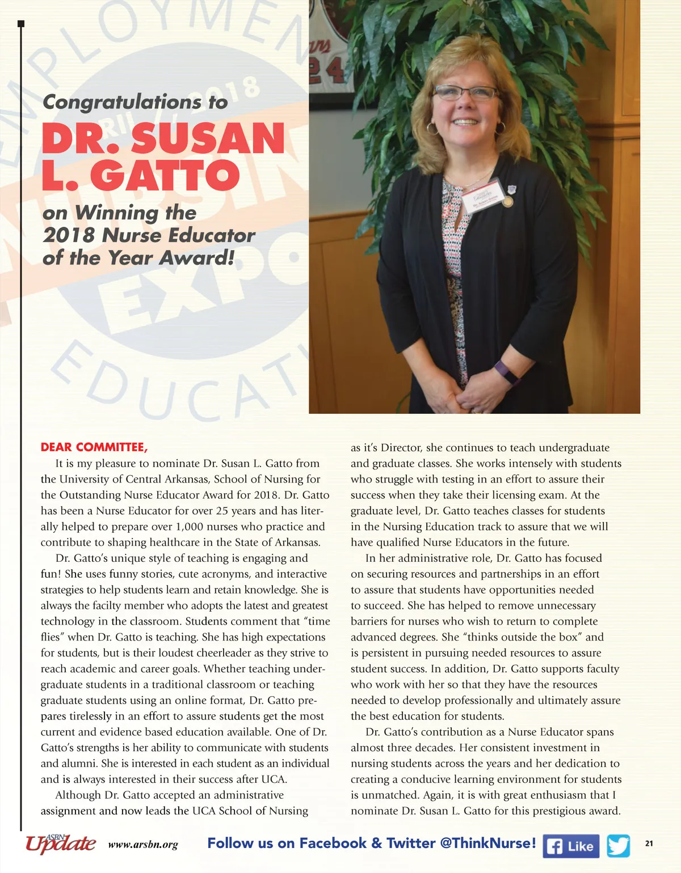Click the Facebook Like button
click(x=571, y=846)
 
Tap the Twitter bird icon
click(x=618, y=846)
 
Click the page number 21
click(x=649, y=844)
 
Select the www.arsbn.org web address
click(x=143, y=845)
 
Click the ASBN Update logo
click(x=60, y=844)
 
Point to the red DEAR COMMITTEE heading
click(x=94, y=447)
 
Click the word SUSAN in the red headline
click(x=208, y=138)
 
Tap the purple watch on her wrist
click(x=506, y=371)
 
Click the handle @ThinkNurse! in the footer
click(x=488, y=843)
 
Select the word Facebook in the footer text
click(x=333, y=843)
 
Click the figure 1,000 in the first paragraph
click(x=190, y=527)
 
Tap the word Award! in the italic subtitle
click(x=196, y=258)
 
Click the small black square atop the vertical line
click(x=21, y=23)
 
